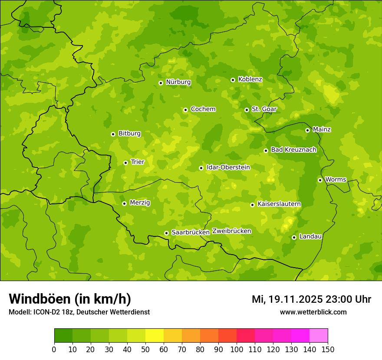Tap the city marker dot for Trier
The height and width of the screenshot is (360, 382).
click(x=125, y=163)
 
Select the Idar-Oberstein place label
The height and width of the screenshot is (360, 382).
click(x=228, y=167)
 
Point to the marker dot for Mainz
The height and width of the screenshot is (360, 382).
click(x=307, y=130)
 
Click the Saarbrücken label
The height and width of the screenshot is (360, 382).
click(x=191, y=232)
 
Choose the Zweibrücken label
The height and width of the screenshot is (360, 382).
click(x=232, y=231)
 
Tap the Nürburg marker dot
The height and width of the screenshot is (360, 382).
click(x=161, y=83)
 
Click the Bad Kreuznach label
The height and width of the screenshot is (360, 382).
click(x=293, y=150)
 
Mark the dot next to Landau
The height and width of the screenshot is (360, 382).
click(x=294, y=237)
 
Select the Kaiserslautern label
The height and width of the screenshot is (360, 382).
click(x=279, y=204)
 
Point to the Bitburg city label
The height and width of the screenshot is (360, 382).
click(x=129, y=134)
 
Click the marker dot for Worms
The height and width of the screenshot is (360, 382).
click(x=320, y=180)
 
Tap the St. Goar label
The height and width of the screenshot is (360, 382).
click(x=264, y=109)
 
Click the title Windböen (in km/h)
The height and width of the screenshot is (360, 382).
click(x=70, y=299)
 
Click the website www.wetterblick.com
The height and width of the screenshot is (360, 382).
click(x=313, y=312)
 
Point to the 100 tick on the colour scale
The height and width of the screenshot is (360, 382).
click(x=237, y=349)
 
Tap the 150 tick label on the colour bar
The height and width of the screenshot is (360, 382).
click(x=328, y=349)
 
